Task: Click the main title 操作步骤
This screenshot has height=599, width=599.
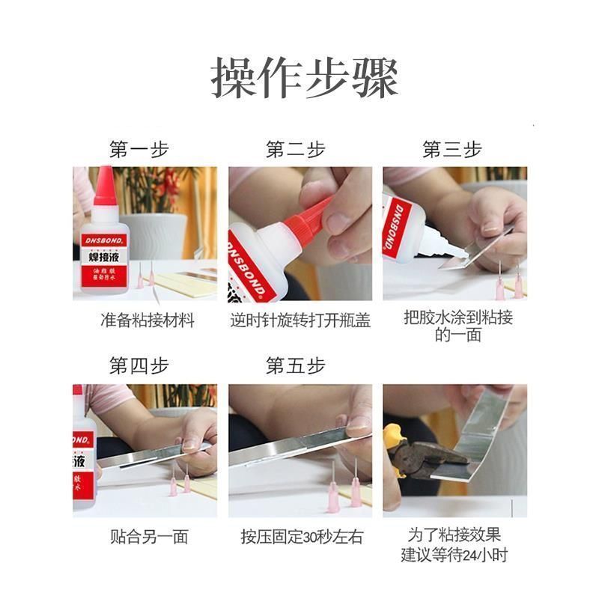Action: [305, 78]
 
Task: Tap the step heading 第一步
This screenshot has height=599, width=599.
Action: [139, 149]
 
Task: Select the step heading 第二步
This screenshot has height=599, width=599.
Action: [295, 149]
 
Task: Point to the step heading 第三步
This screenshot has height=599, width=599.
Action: [452, 149]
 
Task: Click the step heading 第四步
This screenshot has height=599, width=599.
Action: [139, 365]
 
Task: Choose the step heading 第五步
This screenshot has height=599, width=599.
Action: [295, 365]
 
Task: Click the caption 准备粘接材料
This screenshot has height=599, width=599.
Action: [148, 320]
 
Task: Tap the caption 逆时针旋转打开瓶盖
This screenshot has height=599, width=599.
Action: [300, 320]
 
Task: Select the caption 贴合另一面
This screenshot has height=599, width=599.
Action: [149, 537]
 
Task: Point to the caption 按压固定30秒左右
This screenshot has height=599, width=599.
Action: [302, 537]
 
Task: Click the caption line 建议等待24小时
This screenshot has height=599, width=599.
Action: [454, 554]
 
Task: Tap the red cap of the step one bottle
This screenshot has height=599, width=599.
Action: [105, 186]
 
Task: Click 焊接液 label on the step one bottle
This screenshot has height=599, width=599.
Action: [104, 257]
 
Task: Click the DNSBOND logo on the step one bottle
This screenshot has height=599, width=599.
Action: [104, 240]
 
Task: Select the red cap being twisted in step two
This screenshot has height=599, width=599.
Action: [309, 218]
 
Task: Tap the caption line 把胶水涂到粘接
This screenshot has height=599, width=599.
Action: [458, 317]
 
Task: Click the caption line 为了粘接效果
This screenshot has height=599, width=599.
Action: [454, 535]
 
